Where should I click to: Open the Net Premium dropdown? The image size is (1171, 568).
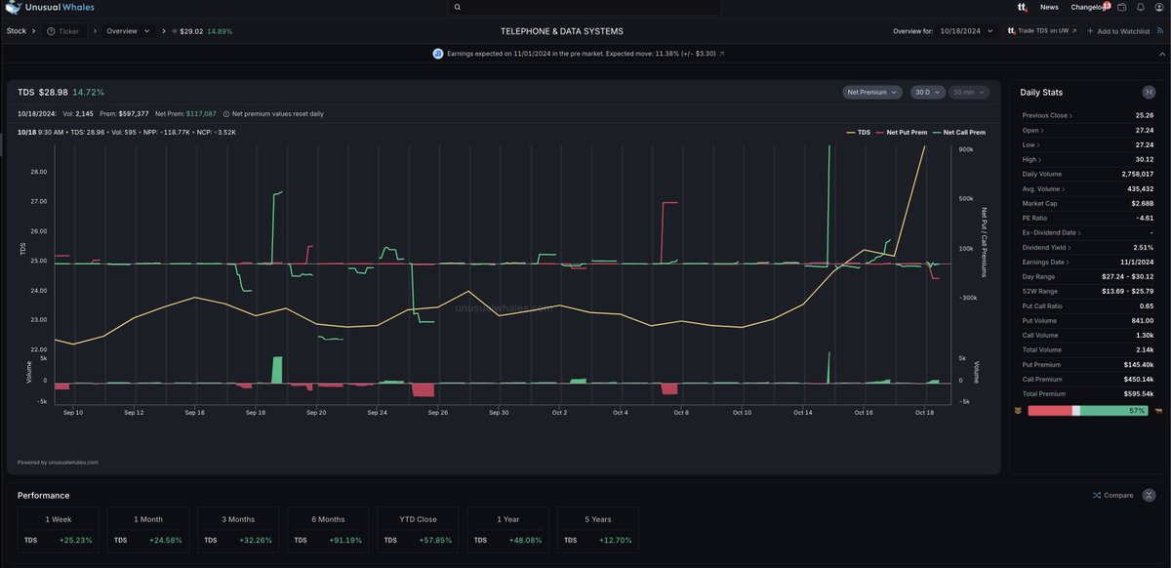[871, 92]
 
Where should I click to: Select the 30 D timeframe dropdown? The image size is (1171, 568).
[926, 92]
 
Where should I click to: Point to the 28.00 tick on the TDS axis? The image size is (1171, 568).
[39, 172]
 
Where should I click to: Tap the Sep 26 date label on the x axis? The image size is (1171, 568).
[437, 413]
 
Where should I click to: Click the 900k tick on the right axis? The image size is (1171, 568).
[966, 149]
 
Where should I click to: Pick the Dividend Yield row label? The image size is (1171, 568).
[1044, 247]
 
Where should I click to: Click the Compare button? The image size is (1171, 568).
[1112, 495]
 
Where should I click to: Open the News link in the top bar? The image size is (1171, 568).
[1049, 7]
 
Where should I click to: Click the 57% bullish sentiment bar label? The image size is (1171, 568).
[1136, 411]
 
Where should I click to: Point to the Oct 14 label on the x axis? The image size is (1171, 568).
[803, 413]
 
